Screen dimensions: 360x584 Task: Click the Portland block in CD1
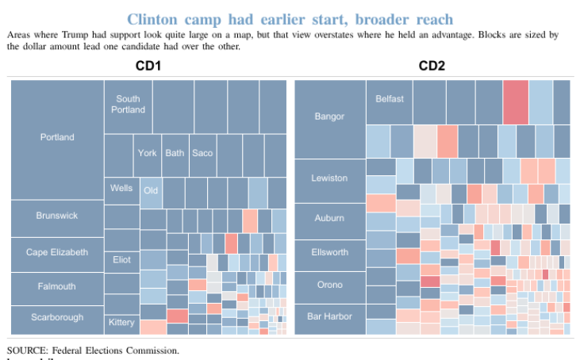(x=57, y=138)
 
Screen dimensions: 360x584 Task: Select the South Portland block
(x=128, y=105)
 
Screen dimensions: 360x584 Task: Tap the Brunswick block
(x=57, y=216)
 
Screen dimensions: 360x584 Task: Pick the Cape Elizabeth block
(x=57, y=253)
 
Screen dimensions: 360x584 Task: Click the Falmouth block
(x=57, y=286)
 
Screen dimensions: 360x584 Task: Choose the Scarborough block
(x=57, y=317)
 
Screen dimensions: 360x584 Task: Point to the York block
(x=147, y=152)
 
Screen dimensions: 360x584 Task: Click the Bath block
(x=175, y=152)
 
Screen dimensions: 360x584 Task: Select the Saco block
(x=202, y=152)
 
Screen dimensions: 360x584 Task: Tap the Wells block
(x=122, y=188)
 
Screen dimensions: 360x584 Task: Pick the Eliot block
(x=122, y=259)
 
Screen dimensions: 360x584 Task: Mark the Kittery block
(x=122, y=323)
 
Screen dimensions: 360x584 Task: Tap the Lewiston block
(x=329, y=178)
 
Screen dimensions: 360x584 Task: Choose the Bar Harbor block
(x=329, y=316)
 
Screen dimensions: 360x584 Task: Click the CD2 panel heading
(x=432, y=65)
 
